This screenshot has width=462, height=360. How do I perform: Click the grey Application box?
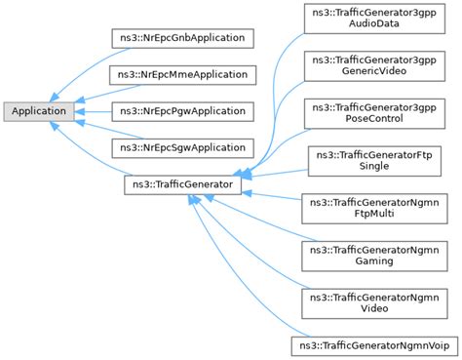(x=38, y=111)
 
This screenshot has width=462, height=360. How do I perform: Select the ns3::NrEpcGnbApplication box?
(x=182, y=38)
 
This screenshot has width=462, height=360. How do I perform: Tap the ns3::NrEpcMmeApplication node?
(x=182, y=74)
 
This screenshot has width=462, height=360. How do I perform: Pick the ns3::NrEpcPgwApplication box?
(x=181, y=111)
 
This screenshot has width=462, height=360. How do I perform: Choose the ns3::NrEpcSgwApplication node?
(x=181, y=147)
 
